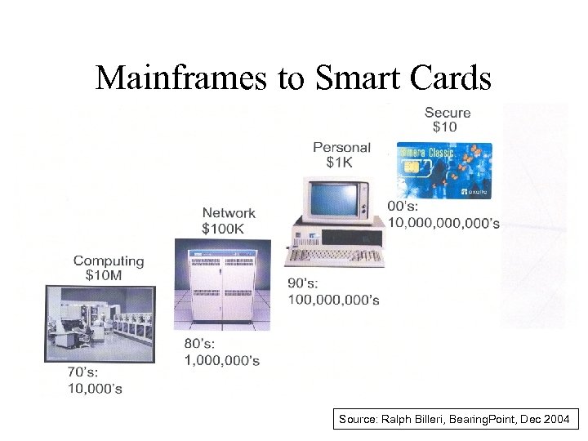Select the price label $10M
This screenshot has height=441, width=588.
(104, 275)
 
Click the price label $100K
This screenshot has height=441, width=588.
(223, 228)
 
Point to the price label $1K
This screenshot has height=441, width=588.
(340, 163)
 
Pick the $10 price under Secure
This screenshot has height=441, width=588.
(444, 127)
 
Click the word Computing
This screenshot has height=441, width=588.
(109, 261)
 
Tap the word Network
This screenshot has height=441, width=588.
(229, 213)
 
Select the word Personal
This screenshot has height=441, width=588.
(341, 148)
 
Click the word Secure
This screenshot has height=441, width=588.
(448, 112)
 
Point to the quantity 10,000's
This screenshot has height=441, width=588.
(95, 389)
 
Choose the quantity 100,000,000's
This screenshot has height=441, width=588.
(333, 300)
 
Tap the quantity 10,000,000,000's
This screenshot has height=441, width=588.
(444, 223)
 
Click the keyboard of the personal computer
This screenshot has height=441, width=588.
(334, 256)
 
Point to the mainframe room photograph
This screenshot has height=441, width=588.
(99, 323)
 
